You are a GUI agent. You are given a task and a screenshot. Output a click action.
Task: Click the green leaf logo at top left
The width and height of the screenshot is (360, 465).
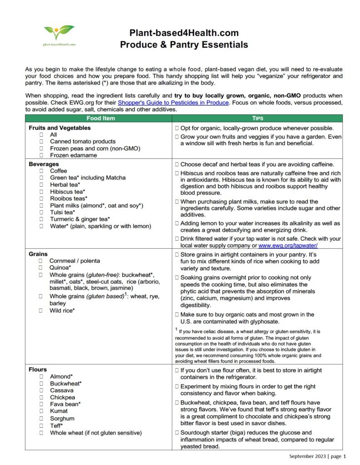click(60, 33)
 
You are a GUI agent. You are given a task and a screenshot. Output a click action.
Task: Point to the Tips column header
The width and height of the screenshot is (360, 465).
click(257, 118)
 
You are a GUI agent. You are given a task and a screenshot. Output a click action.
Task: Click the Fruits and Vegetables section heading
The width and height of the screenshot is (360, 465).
click(60, 128)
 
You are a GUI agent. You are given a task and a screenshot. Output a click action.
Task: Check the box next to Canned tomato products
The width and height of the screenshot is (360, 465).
click(42, 142)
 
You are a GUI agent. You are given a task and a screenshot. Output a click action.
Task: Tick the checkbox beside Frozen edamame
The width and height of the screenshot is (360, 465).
click(42, 155)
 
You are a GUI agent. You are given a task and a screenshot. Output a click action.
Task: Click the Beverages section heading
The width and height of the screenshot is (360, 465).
click(44, 164)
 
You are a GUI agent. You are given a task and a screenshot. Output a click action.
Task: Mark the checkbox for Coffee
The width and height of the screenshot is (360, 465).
click(42, 171)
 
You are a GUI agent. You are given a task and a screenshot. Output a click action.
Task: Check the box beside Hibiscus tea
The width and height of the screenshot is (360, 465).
click(42, 192)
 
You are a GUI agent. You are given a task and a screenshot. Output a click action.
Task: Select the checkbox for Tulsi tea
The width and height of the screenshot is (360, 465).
click(42, 212)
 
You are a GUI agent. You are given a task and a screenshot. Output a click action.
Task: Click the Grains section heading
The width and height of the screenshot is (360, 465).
click(38, 254)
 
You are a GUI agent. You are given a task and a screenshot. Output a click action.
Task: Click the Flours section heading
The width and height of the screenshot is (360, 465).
click(38, 370)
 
